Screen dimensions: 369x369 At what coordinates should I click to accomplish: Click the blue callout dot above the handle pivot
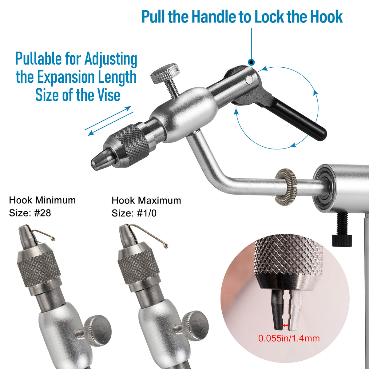pos(251,62)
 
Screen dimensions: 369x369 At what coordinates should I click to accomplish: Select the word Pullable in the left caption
pos(38,59)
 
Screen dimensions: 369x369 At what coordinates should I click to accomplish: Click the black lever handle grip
pos(297,118)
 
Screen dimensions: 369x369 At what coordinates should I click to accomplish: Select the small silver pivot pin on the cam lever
pos(249,80)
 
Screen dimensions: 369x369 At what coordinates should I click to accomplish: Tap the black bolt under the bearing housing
pos(342,229)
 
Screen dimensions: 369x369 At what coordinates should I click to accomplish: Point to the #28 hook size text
pos(42,213)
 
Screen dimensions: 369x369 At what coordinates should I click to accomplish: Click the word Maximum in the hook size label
pos(160,200)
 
